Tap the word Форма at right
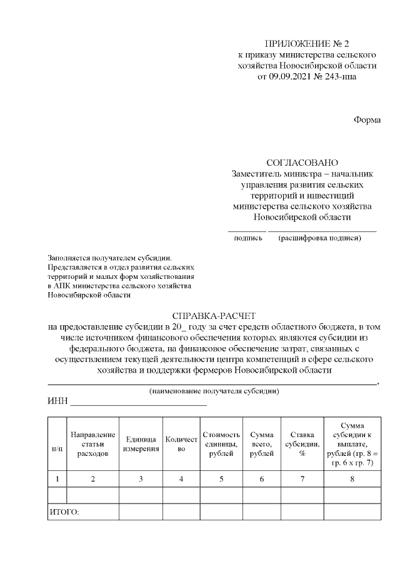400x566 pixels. [x=367, y=119]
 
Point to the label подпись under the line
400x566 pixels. [x=247, y=238]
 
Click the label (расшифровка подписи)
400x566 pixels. [x=320, y=238]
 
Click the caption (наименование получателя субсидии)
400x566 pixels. [x=214, y=391]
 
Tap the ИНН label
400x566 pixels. [x=57, y=402]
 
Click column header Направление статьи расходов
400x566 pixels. [x=92, y=443]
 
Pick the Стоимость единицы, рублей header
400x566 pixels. [x=221, y=444]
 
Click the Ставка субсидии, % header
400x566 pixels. [x=302, y=444]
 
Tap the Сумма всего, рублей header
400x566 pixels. [x=261, y=444]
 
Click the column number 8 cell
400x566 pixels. [x=351, y=479]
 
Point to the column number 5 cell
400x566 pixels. [x=221, y=479]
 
